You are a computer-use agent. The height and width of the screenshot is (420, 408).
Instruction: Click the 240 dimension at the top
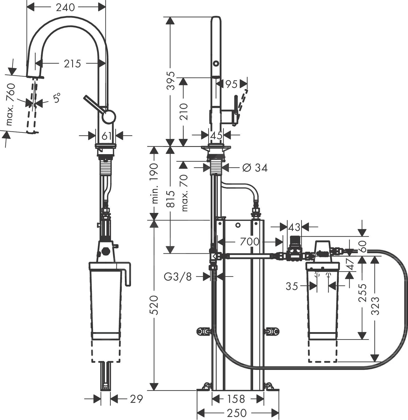click(66, 7)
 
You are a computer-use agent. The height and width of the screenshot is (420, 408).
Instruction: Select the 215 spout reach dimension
click(72, 64)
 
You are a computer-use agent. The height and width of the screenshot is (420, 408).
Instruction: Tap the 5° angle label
click(57, 98)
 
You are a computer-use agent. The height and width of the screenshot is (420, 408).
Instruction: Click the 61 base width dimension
click(107, 136)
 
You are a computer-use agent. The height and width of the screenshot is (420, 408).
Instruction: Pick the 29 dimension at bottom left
click(136, 399)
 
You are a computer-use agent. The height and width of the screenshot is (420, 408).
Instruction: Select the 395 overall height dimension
click(172, 80)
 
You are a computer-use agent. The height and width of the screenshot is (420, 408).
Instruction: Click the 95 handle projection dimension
click(231, 84)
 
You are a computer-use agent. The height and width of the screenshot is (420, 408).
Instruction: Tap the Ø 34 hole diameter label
click(255, 168)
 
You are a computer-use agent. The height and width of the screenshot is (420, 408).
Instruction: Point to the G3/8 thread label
click(178, 276)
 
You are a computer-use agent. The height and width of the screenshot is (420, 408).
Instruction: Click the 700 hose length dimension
click(249, 242)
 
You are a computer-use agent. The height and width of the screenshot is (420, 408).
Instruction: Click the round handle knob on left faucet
click(109, 117)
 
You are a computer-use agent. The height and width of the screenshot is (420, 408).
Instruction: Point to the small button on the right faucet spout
click(216, 63)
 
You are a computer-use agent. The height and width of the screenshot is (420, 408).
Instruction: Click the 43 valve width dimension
click(294, 227)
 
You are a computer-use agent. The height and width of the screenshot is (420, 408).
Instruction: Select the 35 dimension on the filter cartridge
click(292, 286)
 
